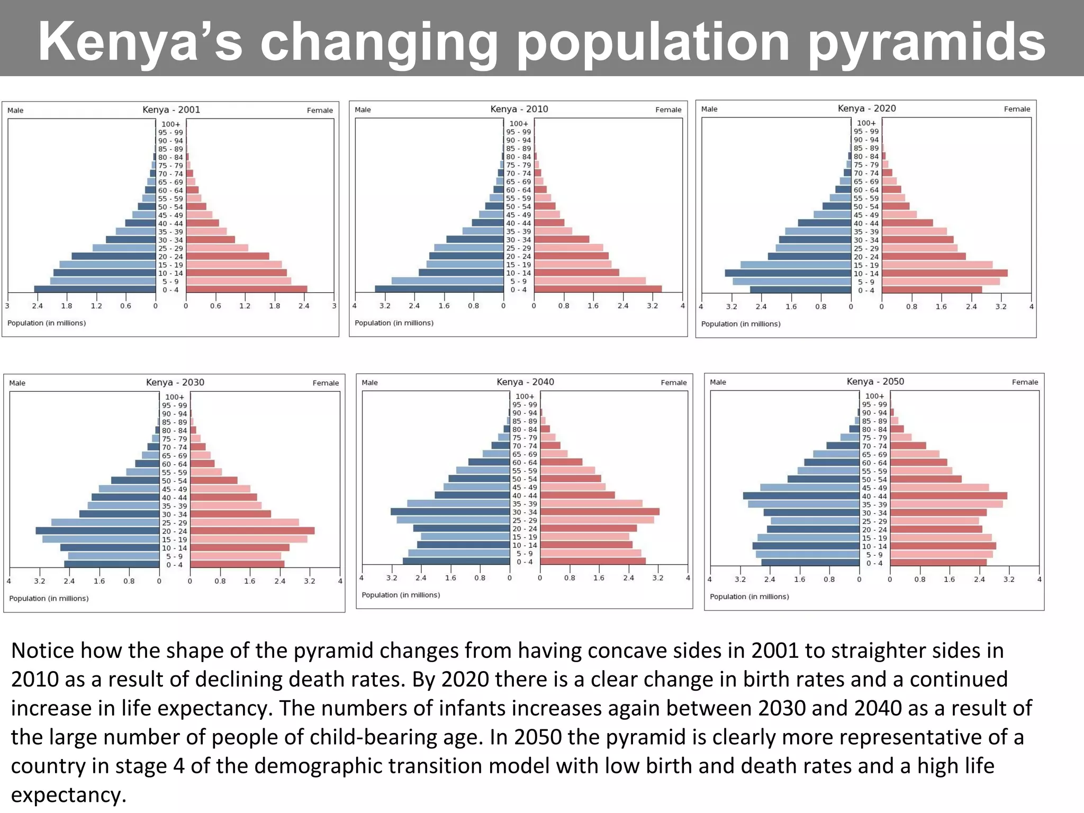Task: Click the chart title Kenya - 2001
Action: point(171,110)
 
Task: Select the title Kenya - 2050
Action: point(875,381)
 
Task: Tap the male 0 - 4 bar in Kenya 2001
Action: point(95,290)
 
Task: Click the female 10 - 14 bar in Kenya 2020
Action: point(944,273)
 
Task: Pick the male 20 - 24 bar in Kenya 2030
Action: point(98,531)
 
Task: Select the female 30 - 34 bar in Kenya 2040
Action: point(599,512)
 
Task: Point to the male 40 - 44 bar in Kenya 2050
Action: point(801,496)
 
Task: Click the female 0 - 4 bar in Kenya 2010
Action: point(598,289)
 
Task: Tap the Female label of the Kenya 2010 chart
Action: point(668,110)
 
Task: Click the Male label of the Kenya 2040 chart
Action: point(369,382)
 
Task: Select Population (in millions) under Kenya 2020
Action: point(740,323)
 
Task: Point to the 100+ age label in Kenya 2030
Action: point(175,396)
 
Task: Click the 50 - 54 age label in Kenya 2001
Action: point(170,207)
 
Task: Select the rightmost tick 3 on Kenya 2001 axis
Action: point(334,306)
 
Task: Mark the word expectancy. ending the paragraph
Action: point(68,795)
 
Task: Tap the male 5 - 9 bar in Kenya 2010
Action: point(447,281)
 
